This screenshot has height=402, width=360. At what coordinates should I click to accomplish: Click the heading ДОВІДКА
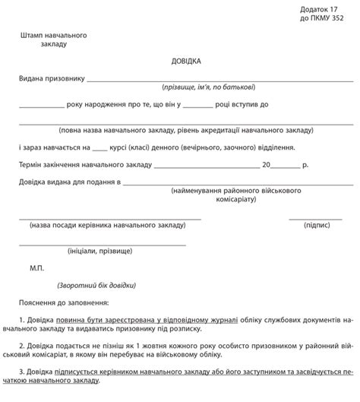click(180, 60)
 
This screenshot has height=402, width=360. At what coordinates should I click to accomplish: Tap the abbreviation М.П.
click(37, 267)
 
